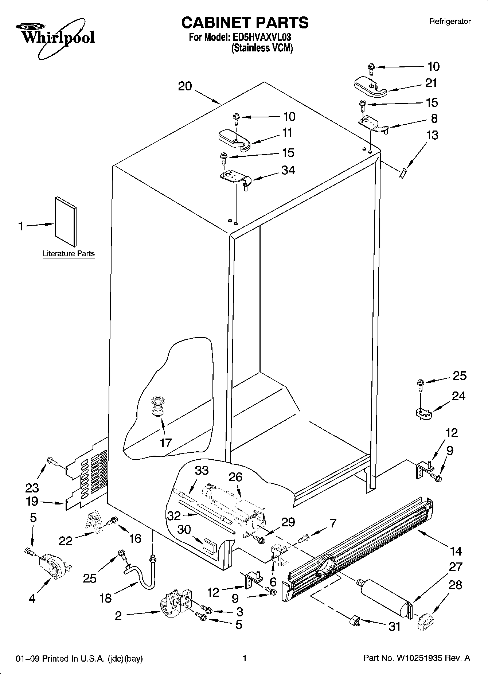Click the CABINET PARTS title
click(245, 23)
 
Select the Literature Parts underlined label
click(69, 254)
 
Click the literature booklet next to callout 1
click(66, 222)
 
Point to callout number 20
click(185, 86)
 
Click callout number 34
click(288, 170)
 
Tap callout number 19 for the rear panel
click(32, 502)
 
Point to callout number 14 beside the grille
click(455, 551)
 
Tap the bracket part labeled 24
click(423, 413)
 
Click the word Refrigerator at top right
click(450, 22)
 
